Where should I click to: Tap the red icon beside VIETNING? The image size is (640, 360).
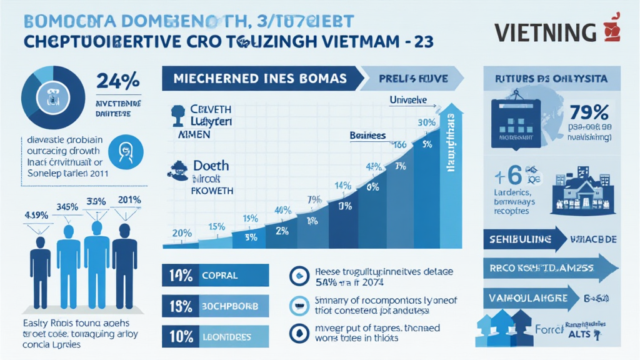click(x=611, y=30)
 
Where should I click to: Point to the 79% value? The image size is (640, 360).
click(x=589, y=112)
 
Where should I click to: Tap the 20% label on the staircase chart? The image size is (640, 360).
click(x=181, y=233)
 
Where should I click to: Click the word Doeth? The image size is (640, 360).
click(x=211, y=166)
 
